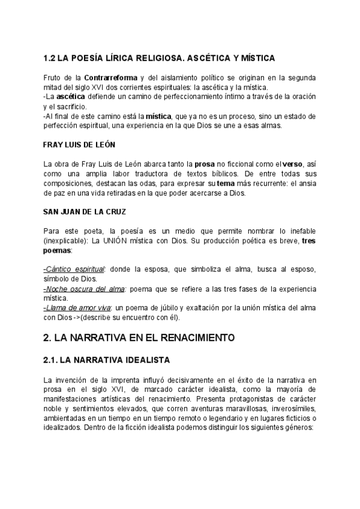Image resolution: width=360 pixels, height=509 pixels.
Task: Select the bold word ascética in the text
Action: click(x=70, y=97)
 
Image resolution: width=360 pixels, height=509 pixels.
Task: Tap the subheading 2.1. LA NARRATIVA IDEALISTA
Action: click(x=107, y=360)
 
